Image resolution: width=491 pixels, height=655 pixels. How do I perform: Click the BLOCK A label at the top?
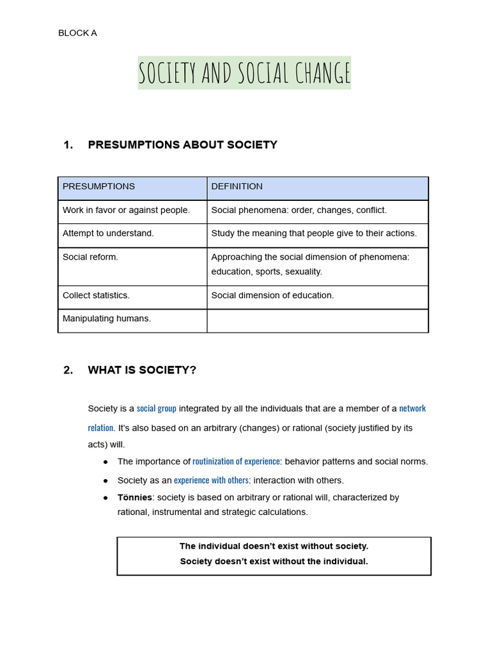(77, 33)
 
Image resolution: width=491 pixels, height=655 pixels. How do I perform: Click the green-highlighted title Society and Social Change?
(244, 73)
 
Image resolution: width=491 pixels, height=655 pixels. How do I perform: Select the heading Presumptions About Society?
(182, 145)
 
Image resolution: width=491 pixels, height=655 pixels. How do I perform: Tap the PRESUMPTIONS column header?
(98, 187)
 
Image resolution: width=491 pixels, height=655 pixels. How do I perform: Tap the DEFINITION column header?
(237, 187)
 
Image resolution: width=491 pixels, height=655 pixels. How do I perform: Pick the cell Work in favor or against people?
(126, 210)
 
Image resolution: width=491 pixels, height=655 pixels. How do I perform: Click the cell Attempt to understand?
(108, 233)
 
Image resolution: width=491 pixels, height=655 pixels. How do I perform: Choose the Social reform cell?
(90, 257)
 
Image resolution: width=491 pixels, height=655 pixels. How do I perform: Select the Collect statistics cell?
(96, 296)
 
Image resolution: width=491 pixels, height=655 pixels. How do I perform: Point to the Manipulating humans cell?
(107, 319)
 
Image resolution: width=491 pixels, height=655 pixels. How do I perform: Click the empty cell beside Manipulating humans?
(317, 320)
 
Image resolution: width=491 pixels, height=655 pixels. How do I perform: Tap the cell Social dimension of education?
(272, 296)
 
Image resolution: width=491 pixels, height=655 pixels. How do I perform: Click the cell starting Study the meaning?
(313, 233)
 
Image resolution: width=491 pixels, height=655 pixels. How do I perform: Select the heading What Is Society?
(142, 370)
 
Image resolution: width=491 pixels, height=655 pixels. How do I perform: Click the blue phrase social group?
(157, 409)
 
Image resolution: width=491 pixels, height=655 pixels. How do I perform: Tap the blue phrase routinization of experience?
(236, 461)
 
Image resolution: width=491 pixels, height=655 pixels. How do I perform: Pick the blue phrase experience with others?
(211, 480)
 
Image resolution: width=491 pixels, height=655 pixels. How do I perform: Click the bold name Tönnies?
(135, 497)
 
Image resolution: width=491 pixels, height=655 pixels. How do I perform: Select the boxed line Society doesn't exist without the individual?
(274, 562)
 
